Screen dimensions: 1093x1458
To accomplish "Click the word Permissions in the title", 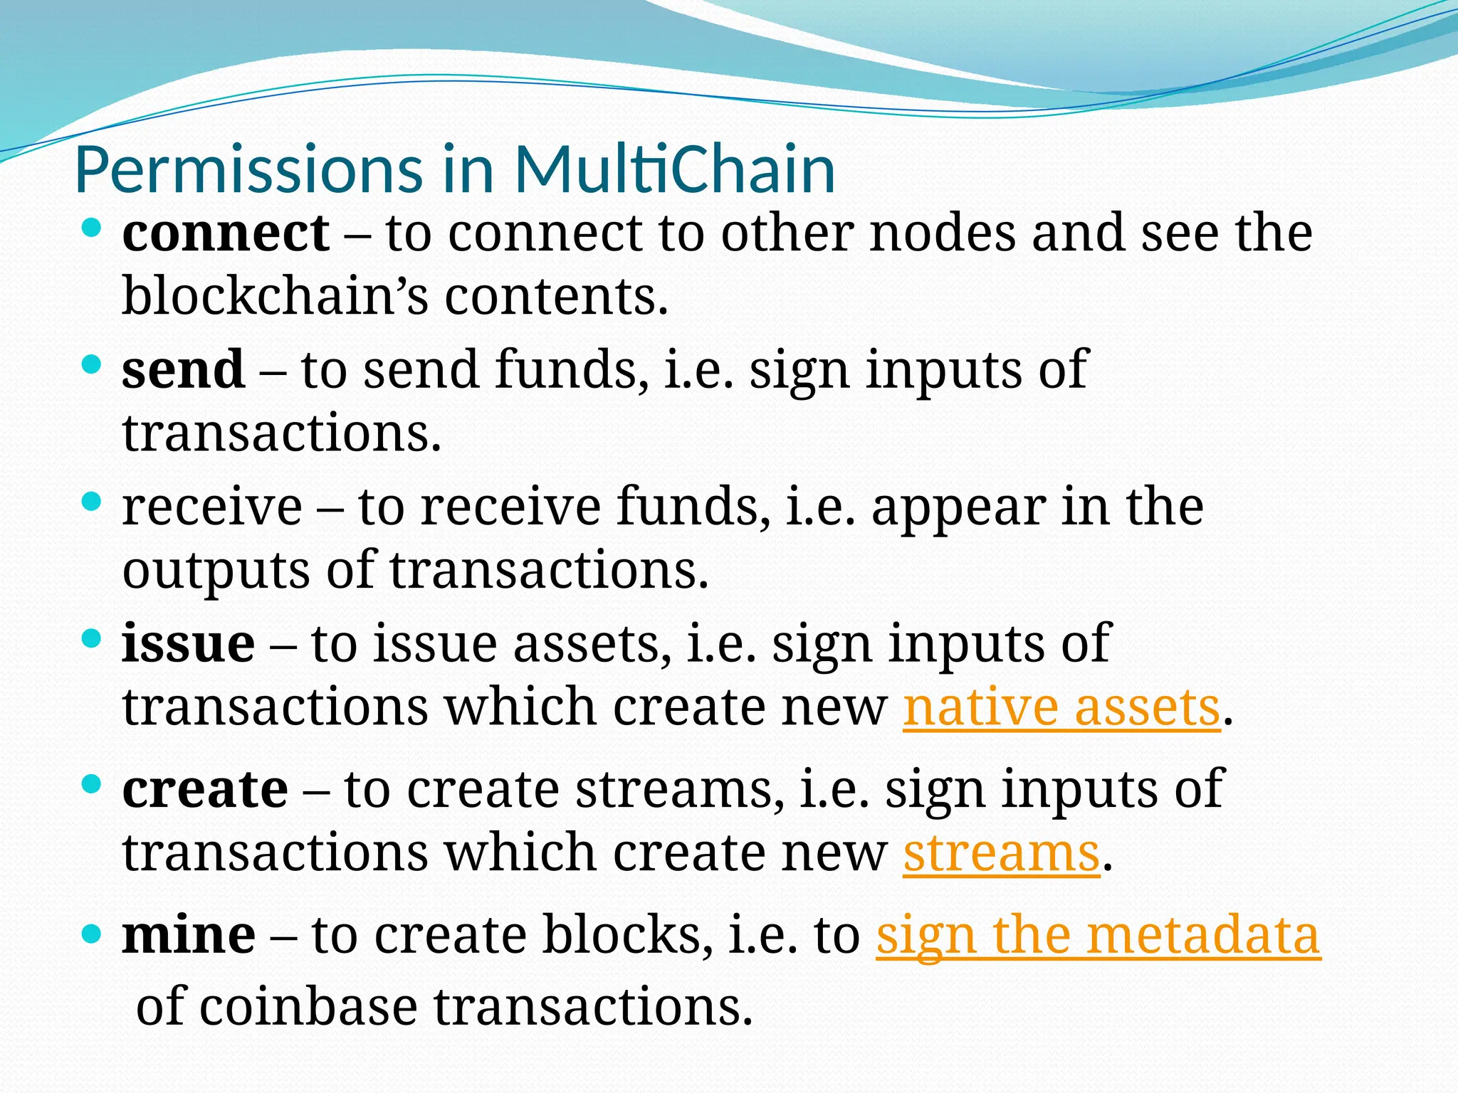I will point(248,171).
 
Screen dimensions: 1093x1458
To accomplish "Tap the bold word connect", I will point(226,233).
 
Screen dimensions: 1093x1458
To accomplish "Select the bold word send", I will point(183,370).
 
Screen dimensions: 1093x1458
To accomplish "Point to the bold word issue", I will point(188,643).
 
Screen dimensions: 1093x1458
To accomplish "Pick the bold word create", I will point(205,789).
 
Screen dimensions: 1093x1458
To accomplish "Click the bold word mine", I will point(189,935).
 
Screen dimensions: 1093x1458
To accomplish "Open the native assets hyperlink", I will point(1061,708).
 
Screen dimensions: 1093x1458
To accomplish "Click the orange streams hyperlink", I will point(1002,853).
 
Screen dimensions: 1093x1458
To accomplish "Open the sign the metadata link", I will point(1098,935).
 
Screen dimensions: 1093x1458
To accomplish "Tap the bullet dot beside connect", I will point(92,228).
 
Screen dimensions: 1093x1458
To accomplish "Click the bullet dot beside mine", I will point(92,931).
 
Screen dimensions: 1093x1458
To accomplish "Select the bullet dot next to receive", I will point(92,502).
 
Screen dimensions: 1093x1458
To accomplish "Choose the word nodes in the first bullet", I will point(943,233).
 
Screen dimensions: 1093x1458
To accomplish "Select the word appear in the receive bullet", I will point(958,508).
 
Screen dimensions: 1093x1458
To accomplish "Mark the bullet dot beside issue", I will point(92,638).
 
